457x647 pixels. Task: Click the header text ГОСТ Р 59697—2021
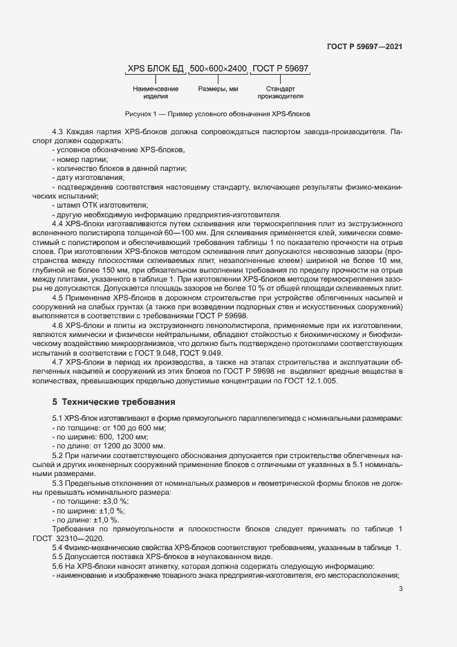click(364, 46)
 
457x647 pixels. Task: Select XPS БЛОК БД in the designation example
click(156, 69)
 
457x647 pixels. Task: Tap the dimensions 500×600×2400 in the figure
click(218, 69)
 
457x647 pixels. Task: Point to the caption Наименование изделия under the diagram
click(156, 93)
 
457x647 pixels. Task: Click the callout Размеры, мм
click(218, 89)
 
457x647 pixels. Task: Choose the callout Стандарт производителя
click(280, 93)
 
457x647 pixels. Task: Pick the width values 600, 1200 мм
click(121, 437)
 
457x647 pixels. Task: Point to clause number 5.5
click(59, 557)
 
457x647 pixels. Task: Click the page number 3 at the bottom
click(401, 589)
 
